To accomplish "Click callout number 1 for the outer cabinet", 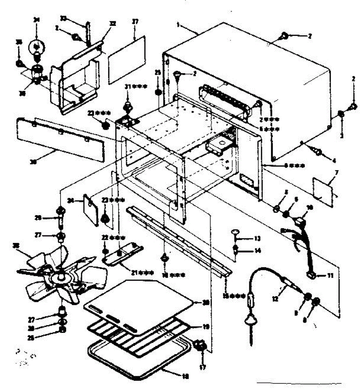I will click(178, 24).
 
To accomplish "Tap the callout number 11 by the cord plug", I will click(330, 276).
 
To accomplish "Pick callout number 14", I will click(258, 251).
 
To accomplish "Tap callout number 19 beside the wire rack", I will click(205, 326).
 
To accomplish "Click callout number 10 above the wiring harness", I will click(310, 207).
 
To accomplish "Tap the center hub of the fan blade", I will click(61, 277).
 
